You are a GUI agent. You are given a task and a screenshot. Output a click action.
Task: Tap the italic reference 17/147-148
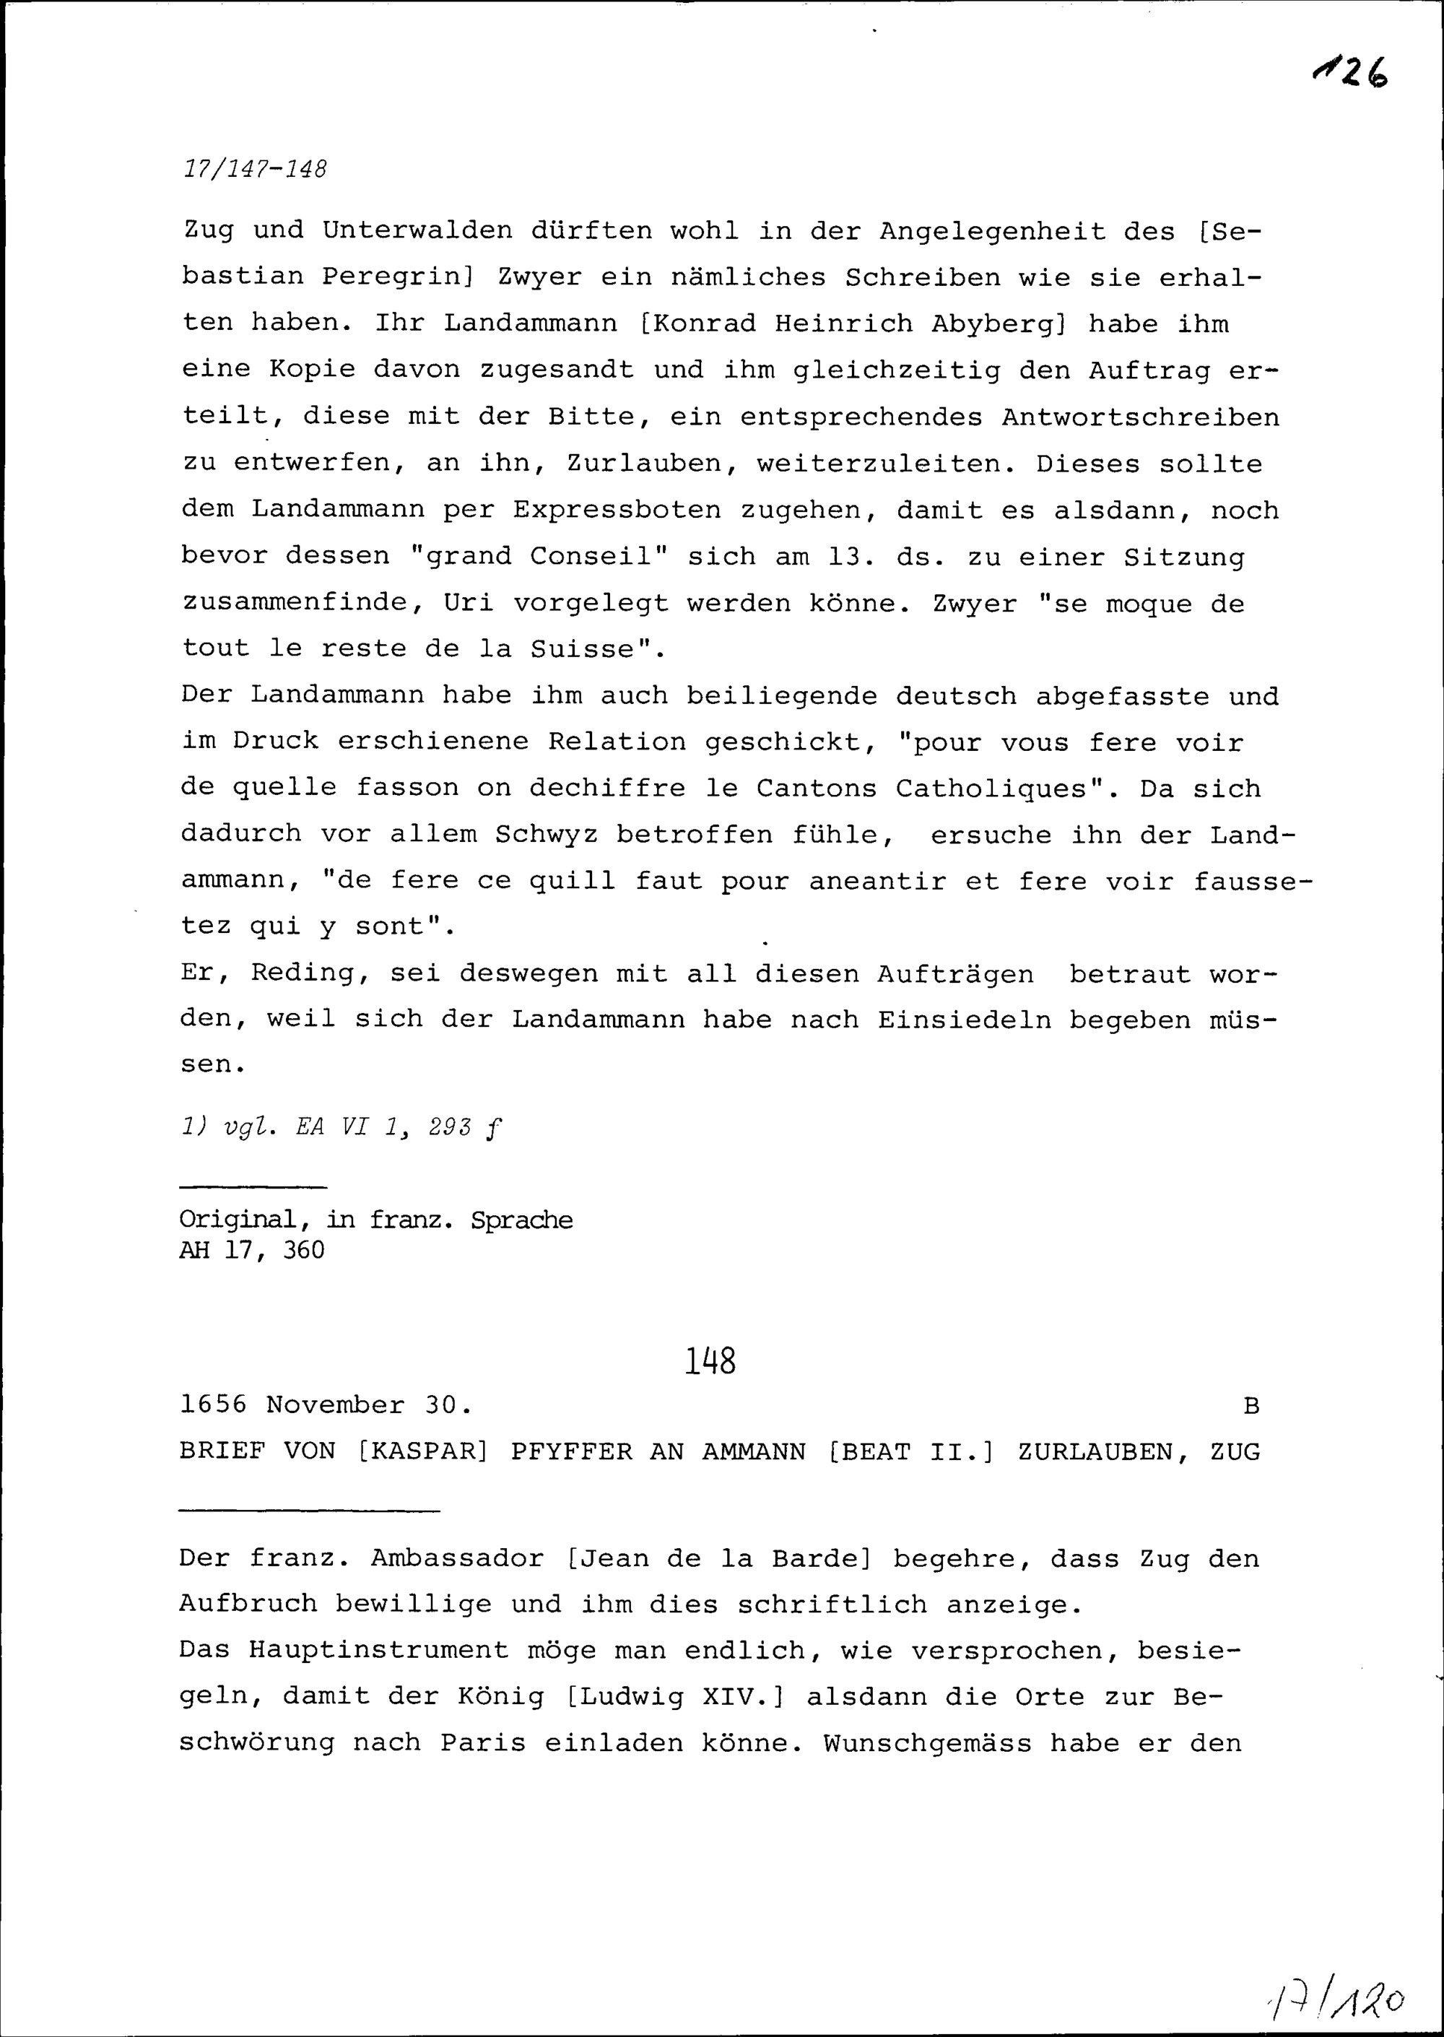(255, 168)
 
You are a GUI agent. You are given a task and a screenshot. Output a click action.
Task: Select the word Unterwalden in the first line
(417, 230)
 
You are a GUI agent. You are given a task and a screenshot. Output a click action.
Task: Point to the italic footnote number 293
(449, 1127)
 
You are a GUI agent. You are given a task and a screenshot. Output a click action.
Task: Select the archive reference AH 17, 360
(252, 1250)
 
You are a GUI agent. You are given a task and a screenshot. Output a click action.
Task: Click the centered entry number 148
(710, 1360)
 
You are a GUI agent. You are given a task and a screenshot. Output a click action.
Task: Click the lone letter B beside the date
(1251, 1406)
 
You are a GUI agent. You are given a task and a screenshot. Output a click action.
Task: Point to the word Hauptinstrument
(378, 1650)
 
